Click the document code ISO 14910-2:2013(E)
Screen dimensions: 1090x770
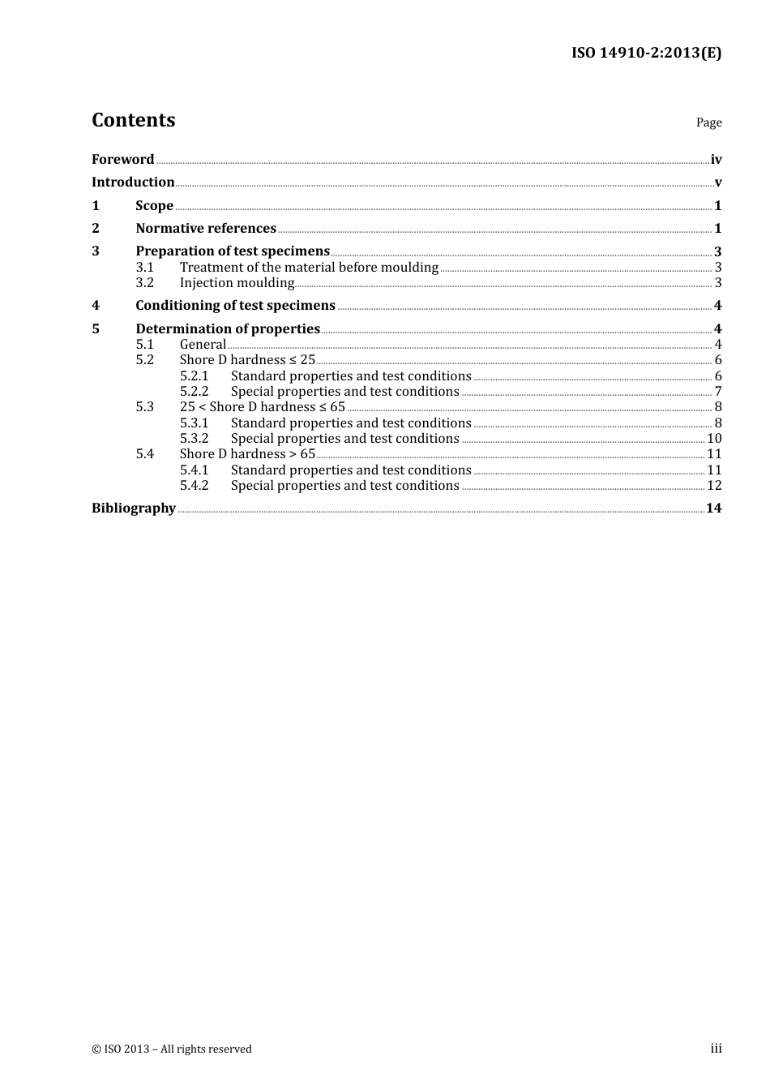(646, 53)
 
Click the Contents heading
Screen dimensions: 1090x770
(133, 120)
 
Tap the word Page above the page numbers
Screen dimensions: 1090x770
(708, 122)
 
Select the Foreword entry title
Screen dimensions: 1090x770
(122, 160)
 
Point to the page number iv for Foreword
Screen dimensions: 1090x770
(716, 160)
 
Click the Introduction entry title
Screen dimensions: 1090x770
(133, 182)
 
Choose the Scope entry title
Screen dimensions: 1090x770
(154, 206)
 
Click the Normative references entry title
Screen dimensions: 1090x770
(206, 229)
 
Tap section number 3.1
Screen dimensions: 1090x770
(144, 268)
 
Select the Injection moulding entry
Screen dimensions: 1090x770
(237, 283)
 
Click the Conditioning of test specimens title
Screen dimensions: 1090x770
(235, 306)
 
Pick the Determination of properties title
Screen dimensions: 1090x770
(228, 329)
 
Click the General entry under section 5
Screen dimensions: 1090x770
(203, 345)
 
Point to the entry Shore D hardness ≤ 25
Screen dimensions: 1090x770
(247, 360)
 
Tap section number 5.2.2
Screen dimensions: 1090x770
(194, 392)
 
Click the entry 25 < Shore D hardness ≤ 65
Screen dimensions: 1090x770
(263, 407)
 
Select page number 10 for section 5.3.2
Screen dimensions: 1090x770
(714, 439)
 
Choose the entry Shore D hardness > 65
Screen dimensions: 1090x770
(247, 454)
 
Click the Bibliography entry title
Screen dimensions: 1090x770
(134, 509)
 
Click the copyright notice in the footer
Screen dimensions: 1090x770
(172, 1049)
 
